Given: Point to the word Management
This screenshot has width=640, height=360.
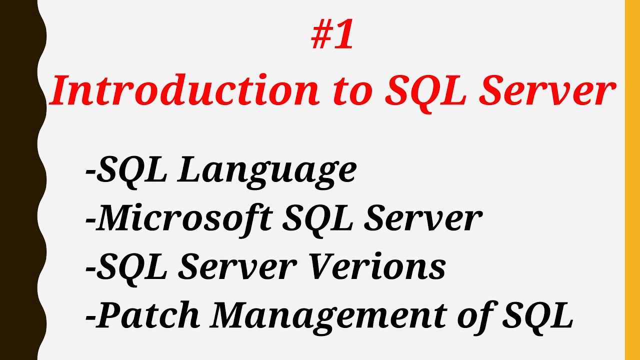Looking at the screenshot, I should point(319,316).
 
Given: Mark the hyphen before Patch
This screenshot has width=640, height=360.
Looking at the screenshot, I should point(90,316).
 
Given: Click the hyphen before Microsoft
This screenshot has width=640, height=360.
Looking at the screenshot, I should point(90,219).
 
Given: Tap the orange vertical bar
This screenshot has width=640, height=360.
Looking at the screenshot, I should point(632,180).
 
